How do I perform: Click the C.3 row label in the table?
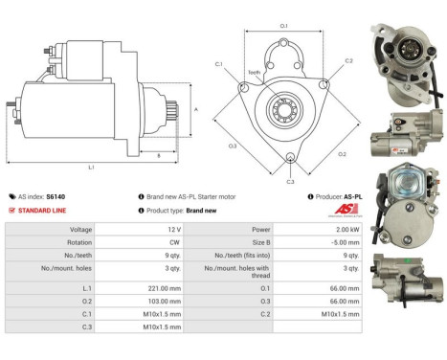tap(87, 327)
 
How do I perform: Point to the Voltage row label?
tap(81, 230)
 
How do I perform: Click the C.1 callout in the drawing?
tap(219, 65)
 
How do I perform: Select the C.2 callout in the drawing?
tap(348, 61)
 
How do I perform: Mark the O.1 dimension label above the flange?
tap(284, 26)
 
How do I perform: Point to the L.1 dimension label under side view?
tap(92, 167)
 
